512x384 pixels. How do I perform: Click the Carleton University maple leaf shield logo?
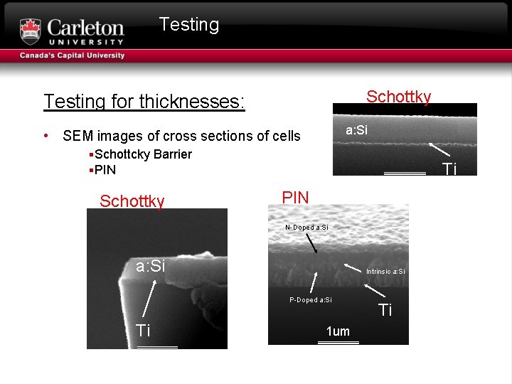(x=31, y=31)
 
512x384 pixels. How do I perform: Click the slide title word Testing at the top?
(x=189, y=25)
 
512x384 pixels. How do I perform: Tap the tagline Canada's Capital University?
(x=72, y=55)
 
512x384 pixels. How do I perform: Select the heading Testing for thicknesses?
(x=144, y=102)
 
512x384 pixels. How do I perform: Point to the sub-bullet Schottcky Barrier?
(x=143, y=154)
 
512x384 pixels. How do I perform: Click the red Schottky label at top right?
(x=398, y=97)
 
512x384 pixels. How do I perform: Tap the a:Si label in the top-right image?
(x=357, y=130)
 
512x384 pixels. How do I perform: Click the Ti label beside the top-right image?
(x=449, y=169)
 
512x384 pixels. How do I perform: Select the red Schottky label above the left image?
(x=132, y=201)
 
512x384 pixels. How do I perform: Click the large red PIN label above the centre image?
(x=296, y=197)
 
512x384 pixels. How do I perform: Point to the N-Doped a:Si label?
(x=306, y=227)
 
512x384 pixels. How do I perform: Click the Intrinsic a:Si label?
(x=385, y=272)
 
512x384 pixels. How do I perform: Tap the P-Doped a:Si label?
(x=311, y=300)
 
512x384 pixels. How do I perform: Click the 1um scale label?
(x=338, y=331)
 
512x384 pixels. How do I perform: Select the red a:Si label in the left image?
(x=151, y=266)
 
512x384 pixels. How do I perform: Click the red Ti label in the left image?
(x=144, y=330)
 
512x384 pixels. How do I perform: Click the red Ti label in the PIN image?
(x=385, y=310)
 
